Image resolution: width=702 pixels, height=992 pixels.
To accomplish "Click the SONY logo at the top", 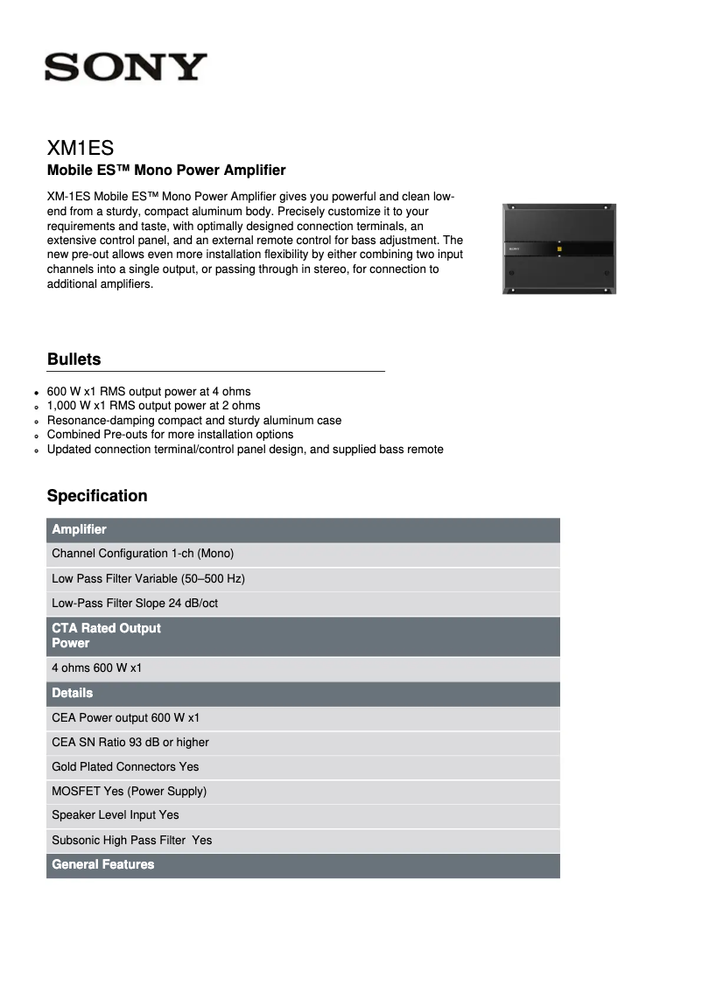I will coord(126,66).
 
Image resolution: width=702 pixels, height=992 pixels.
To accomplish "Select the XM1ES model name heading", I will coord(81,147).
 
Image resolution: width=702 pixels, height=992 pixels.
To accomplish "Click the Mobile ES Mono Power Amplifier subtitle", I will coord(166,170).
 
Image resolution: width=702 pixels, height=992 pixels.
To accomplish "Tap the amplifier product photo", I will coord(558,248).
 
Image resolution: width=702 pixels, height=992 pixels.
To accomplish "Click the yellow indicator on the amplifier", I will coord(558,249).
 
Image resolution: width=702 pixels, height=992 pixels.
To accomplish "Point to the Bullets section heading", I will coord(74,360).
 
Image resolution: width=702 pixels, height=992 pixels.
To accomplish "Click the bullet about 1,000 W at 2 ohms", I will coord(153,406).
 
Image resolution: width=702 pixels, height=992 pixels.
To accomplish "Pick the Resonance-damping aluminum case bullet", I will coord(194,421).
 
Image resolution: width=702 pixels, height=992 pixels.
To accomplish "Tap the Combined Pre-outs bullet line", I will coord(170,435).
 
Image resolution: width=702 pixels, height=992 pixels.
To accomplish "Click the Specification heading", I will coord(97,496).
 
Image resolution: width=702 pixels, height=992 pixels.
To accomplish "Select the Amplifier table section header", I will coord(79,529).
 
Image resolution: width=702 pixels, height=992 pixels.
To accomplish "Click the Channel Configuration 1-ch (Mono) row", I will coord(143,554).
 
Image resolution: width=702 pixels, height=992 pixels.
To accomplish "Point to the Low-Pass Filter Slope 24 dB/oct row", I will coord(135,604).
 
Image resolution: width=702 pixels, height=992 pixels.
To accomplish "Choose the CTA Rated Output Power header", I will coord(106,635).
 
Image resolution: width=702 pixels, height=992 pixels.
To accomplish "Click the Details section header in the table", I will coord(72,693).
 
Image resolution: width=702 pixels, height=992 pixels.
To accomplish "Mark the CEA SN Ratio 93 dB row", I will coord(130,743).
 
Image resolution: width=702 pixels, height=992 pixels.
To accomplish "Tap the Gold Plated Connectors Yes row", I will coord(125,767).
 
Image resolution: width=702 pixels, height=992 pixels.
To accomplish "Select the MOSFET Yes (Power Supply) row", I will coord(129,792).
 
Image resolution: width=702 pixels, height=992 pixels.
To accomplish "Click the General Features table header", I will coord(102,864).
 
